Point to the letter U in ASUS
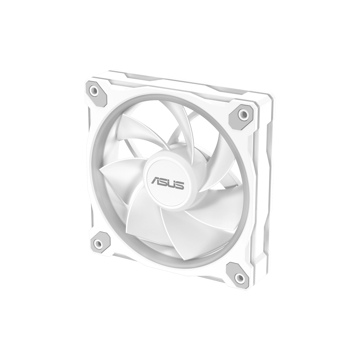pyautogui.click(x=171, y=184)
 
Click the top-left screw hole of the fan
pyautogui.click(x=94, y=91)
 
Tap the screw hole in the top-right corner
pyautogui.click(x=242, y=114)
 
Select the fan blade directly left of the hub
pyautogui.click(x=120, y=172)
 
